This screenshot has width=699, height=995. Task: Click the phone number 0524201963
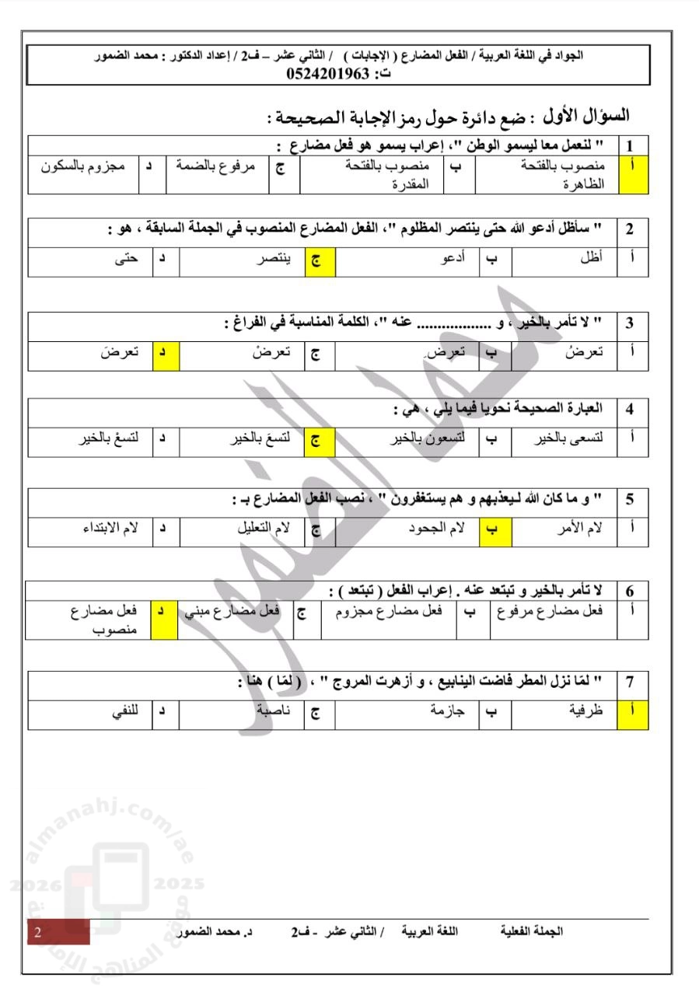(x=329, y=74)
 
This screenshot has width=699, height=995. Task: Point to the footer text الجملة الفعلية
(x=533, y=930)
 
